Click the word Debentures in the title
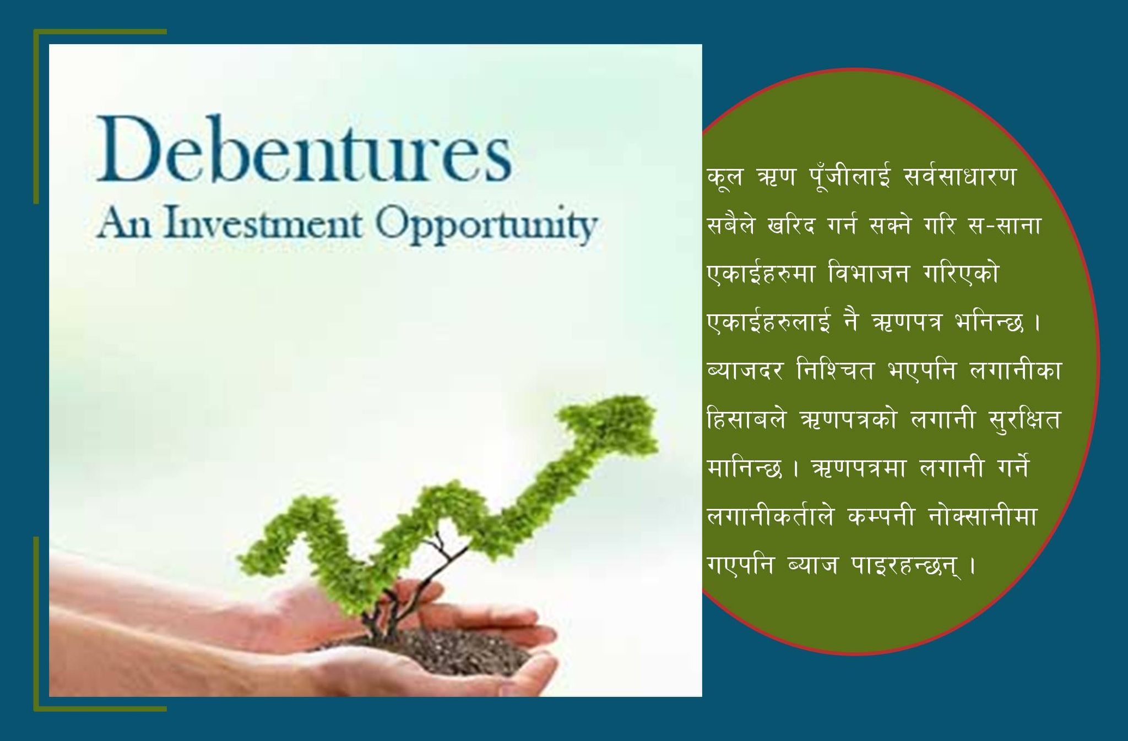pos(305,149)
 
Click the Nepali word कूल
pos(725,177)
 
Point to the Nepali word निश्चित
pos(835,370)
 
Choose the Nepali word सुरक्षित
pos(1024,419)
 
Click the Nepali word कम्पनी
pos(881,516)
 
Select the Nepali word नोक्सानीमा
pos(983,516)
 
